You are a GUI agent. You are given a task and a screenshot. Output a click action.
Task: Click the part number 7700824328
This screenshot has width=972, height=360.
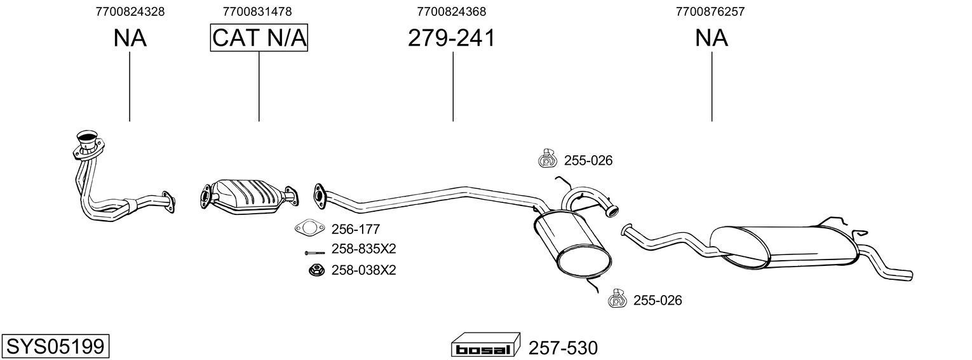(130, 11)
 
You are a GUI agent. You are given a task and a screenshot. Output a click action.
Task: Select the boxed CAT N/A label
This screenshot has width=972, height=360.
(259, 38)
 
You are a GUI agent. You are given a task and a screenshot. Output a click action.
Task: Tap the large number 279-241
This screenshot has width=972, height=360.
(451, 38)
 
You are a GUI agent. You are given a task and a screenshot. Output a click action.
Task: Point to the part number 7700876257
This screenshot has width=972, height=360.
(710, 11)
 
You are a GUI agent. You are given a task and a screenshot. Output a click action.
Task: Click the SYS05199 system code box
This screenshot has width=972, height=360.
(55, 347)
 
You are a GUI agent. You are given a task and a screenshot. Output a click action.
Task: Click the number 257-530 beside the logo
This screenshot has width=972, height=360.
(563, 348)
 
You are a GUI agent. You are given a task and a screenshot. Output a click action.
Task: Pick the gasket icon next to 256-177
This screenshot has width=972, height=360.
(308, 228)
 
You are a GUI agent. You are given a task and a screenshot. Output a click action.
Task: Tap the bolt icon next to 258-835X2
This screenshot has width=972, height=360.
(314, 253)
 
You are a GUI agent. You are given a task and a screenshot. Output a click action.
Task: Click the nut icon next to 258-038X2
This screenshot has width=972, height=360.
(314, 270)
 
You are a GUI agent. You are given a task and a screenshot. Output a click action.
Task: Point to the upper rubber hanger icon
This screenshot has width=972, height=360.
(546, 159)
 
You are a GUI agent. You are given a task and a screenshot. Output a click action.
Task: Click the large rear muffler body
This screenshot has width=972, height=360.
(788, 245)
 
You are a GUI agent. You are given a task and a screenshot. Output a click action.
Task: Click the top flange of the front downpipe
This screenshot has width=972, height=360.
(86, 137)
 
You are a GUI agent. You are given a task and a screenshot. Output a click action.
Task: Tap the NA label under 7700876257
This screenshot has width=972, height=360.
(711, 38)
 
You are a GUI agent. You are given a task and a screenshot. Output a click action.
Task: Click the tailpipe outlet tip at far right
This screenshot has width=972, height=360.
(908, 275)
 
